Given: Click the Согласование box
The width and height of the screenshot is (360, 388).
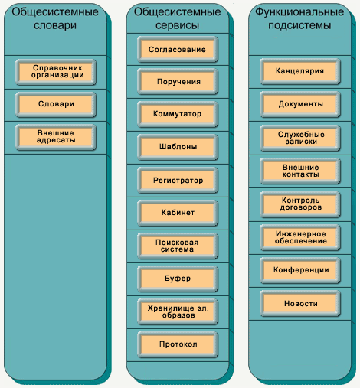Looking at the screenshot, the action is coord(178,49).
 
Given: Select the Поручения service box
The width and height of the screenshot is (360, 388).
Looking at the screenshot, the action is coord(178,82).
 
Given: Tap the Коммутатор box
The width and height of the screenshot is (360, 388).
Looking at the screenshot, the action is coord(178,114).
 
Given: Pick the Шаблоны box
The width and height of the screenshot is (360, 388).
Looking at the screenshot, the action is coord(178,147).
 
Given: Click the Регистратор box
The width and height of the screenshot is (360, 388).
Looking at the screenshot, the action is coord(178,180).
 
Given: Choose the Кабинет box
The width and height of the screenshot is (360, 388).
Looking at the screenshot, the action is coord(178,213).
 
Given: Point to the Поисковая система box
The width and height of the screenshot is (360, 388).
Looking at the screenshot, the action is coord(178,246).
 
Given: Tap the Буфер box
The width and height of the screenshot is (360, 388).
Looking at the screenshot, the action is coord(178,279).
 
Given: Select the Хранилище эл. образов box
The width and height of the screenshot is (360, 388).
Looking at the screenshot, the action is coord(178,311).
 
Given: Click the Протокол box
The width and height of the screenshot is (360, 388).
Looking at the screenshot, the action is coord(178,344).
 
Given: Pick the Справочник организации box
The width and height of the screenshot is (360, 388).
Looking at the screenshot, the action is coord(56,72).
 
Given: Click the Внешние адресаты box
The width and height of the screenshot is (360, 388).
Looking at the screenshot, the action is coord(56,137).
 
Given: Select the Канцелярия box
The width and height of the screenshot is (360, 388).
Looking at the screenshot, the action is coord(300,71).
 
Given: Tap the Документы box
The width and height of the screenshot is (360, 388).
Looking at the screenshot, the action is coord(300,104).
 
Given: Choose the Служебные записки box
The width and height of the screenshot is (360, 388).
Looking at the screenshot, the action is coord(300,138).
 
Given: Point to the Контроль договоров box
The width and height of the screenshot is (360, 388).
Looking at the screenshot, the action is coord(300,204).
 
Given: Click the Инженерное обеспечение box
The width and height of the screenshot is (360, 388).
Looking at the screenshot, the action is coord(300,237).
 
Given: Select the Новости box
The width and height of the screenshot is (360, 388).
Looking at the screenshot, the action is coord(300,303).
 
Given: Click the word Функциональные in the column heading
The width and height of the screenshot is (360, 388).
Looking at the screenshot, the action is coord(299,12).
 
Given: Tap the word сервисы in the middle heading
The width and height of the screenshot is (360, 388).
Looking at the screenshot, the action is coord(177,25).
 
